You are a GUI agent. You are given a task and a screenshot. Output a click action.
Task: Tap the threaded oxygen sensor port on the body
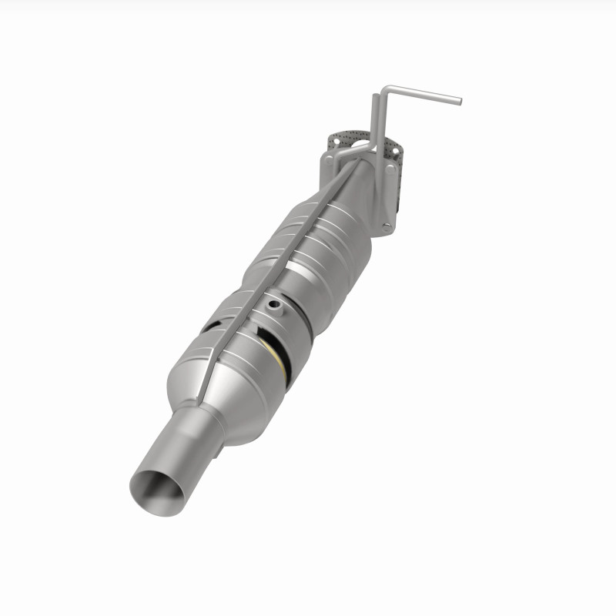(274, 306)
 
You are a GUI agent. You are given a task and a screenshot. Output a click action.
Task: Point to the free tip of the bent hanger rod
(459, 100)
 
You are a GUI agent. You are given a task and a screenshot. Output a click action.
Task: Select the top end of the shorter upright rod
(374, 96)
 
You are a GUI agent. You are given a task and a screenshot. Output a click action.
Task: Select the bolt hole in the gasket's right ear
(395, 151)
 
